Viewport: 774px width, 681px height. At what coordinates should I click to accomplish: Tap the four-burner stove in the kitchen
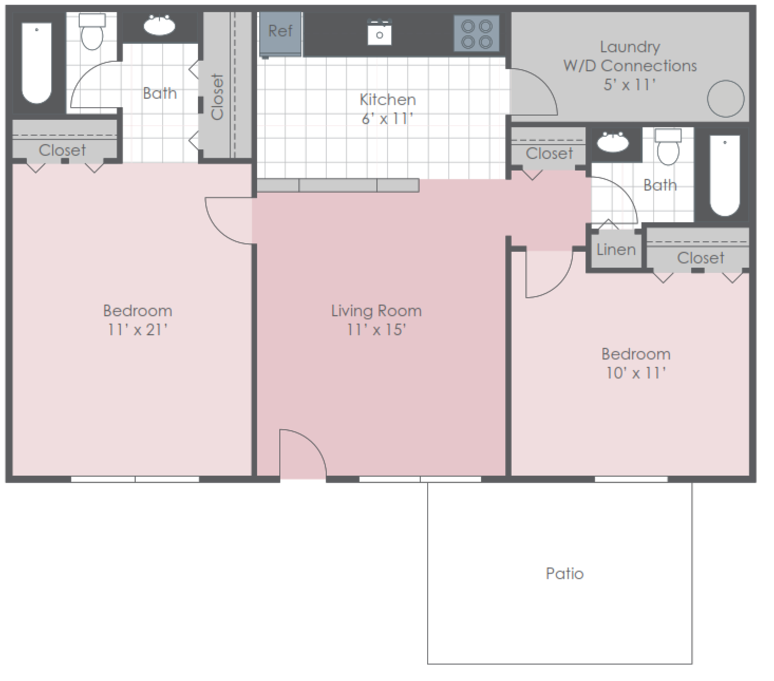tap(477, 34)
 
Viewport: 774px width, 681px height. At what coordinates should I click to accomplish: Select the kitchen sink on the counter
tap(379, 33)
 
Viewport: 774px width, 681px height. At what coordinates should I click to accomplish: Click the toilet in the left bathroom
tap(92, 32)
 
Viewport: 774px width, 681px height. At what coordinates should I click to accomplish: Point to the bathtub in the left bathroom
tap(36, 62)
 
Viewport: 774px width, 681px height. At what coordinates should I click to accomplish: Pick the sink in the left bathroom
tap(159, 25)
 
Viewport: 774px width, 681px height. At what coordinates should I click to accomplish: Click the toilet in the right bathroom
tap(668, 147)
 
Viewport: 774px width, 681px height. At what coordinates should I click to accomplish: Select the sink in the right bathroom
tap(612, 142)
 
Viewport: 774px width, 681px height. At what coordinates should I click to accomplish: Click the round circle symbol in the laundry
tap(725, 99)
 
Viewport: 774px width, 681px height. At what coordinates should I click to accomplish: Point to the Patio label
tap(564, 573)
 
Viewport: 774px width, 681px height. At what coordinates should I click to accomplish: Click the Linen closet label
tap(616, 250)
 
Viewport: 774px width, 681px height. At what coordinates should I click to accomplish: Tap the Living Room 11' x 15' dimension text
tap(376, 330)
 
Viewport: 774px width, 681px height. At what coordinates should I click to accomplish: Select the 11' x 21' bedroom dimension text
tap(137, 330)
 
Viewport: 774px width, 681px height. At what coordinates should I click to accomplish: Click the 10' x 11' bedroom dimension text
tap(636, 373)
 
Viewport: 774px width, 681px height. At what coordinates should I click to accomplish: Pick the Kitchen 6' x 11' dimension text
tap(387, 119)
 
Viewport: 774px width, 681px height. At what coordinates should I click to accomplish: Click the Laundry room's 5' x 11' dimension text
tap(629, 84)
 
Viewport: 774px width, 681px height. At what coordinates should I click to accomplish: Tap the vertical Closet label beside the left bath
tap(218, 97)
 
